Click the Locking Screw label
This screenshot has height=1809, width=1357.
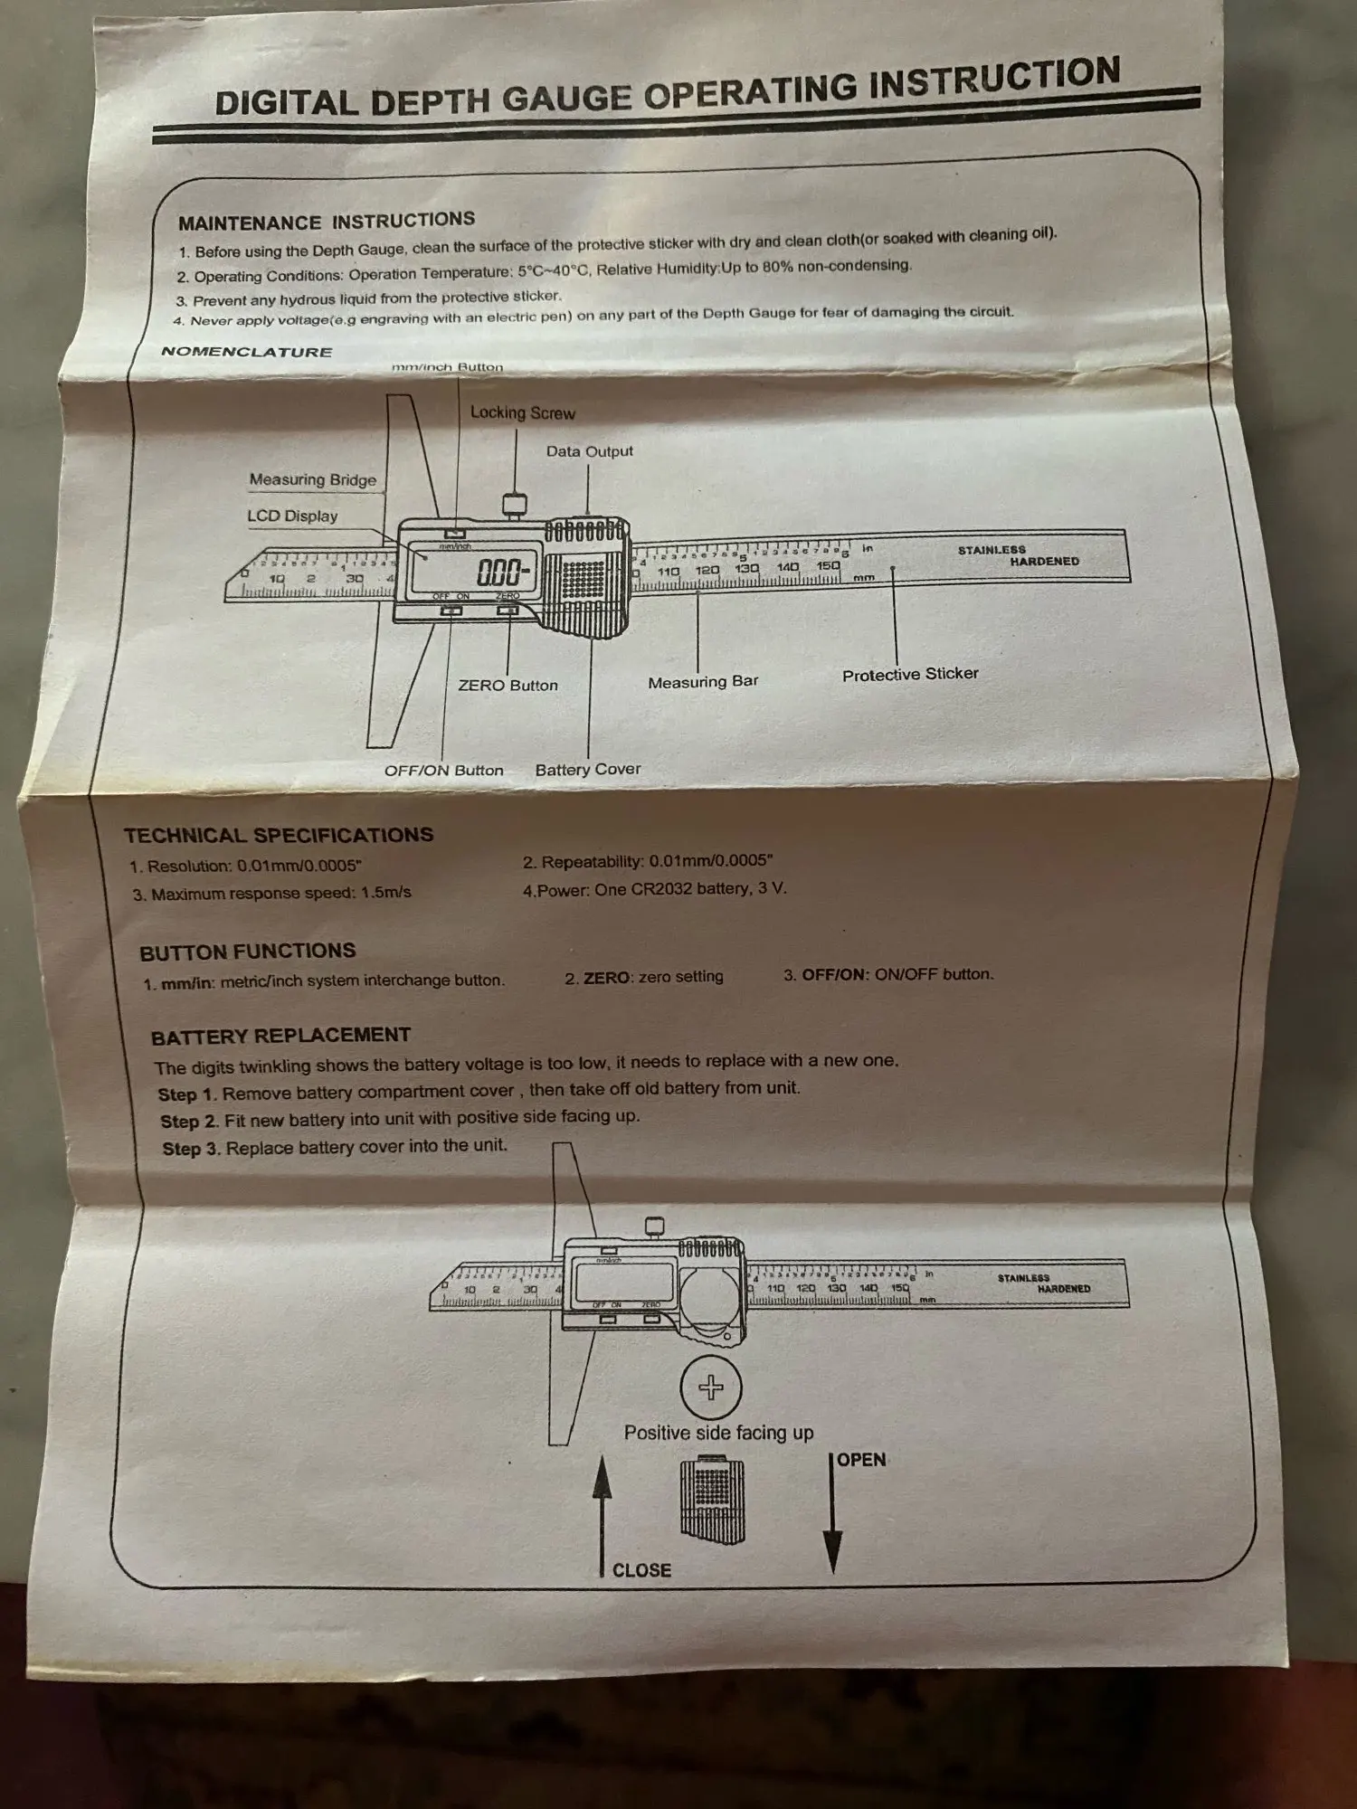point(522,413)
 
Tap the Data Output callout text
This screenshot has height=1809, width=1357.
point(589,451)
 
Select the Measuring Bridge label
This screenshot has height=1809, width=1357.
point(312,480)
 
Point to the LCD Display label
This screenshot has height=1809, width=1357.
point(292,516)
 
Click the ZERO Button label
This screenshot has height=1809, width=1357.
point(508,686)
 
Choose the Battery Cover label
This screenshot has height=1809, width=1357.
point(587,770)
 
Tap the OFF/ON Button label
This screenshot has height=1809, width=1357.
point(443,771)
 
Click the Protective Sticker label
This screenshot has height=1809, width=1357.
point(909,675)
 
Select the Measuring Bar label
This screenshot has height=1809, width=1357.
point(703,682)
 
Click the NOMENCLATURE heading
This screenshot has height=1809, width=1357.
point(246,352)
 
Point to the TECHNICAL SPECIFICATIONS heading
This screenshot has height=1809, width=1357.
point(279,835)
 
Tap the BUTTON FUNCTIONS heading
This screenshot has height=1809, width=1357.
point(247,952)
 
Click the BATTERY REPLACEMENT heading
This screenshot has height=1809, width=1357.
point(280,1036)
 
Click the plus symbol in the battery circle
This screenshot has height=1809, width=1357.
point(711,1388)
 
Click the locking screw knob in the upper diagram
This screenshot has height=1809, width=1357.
point(515,503)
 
